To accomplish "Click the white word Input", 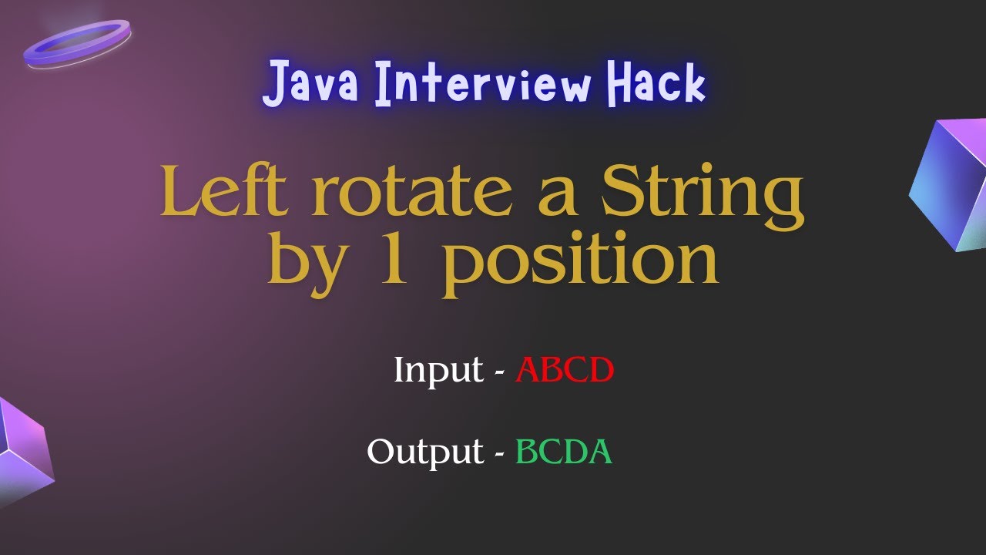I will click(438, 371).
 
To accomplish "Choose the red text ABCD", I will click(565, 370).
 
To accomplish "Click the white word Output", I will click(424, 452).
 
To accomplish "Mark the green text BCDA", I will click(564, 451).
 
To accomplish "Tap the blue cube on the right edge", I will click(951, 185).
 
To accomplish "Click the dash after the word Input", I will click(499, 372).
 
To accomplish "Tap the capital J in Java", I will click(275, 85).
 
